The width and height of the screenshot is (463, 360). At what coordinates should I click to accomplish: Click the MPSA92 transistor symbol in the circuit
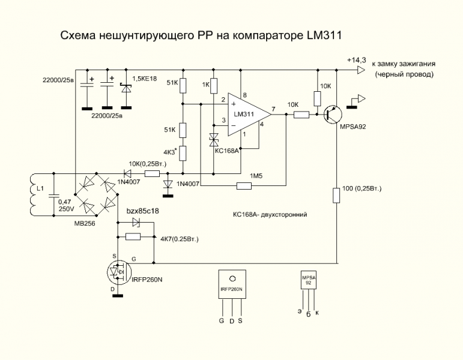331,115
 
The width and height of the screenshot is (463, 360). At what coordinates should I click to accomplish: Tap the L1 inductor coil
31,195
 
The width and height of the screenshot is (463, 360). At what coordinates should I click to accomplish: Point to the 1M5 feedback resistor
244,186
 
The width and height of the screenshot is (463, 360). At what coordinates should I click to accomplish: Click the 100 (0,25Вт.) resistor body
336,196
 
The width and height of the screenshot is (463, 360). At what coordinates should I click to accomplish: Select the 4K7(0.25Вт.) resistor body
133,237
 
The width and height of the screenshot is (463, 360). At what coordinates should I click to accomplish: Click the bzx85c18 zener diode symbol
136,222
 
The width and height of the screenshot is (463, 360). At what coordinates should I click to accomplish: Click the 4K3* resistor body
183,152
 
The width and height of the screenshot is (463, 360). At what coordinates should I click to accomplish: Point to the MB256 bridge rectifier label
84,221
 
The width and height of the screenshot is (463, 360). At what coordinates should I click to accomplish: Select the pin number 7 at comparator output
273,109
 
